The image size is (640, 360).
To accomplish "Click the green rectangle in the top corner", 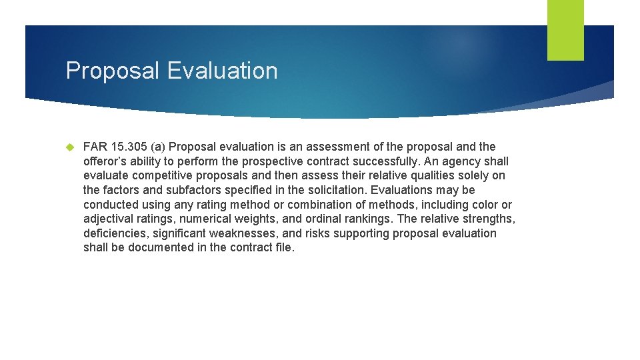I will point(565,30).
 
